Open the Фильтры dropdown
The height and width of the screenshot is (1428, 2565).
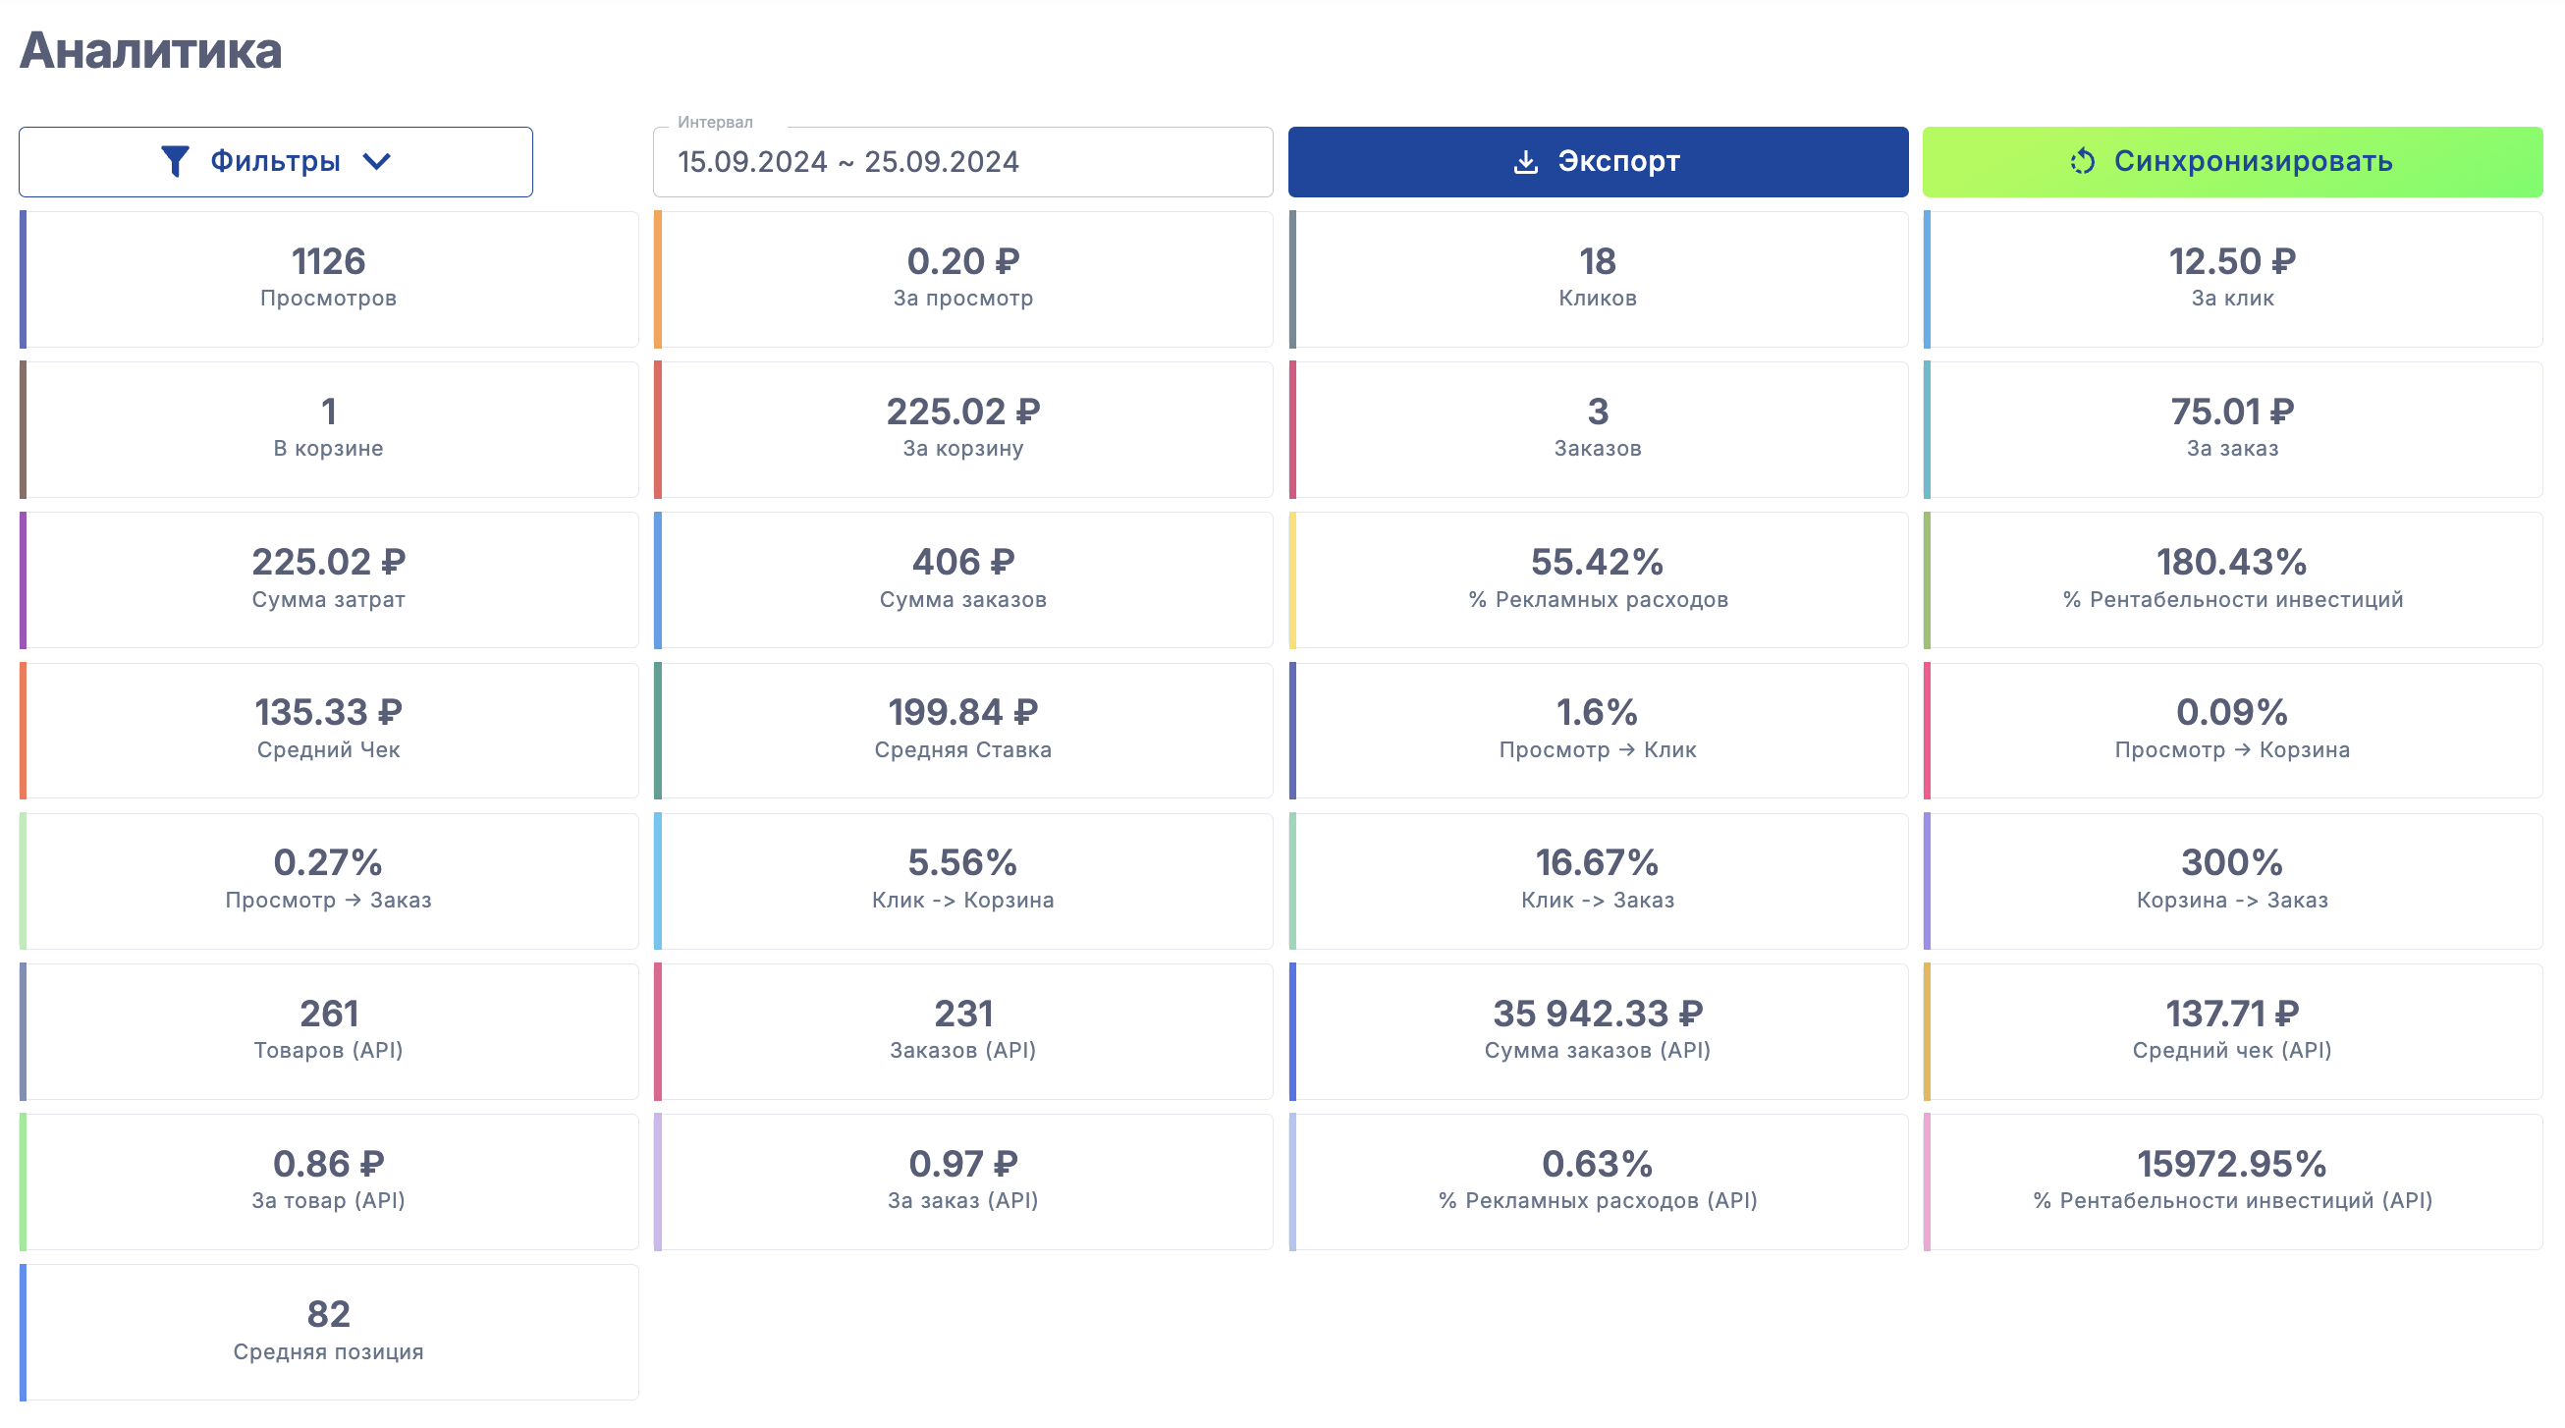[276, 161]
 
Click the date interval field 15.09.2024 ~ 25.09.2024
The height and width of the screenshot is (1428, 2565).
[962, 162]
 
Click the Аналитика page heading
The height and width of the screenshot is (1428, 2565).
[150, 51]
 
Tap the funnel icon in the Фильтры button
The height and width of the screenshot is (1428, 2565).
[175, 161]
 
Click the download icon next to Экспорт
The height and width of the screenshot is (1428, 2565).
[1524, 161]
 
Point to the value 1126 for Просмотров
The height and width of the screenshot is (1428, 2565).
[328, 262]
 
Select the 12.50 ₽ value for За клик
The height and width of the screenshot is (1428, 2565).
[2231, 262]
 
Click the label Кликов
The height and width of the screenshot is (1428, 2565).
[1597, 299]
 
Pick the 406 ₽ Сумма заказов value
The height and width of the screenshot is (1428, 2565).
[962, 563]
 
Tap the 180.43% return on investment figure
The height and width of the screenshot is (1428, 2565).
[2231, 563]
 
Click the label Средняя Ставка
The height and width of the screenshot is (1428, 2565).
[962, 750]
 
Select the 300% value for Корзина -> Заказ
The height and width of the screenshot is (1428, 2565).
[2231, 862]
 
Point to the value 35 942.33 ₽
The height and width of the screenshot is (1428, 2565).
[1597, 1014]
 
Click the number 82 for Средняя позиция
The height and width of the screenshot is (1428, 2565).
[328, 1314]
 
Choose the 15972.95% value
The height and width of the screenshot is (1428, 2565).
[2231, 1164]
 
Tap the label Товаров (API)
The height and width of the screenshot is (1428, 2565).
[328, 1051]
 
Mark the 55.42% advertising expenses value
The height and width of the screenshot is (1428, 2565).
[1597, 563]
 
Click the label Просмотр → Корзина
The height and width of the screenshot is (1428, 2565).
[2231, 750]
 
